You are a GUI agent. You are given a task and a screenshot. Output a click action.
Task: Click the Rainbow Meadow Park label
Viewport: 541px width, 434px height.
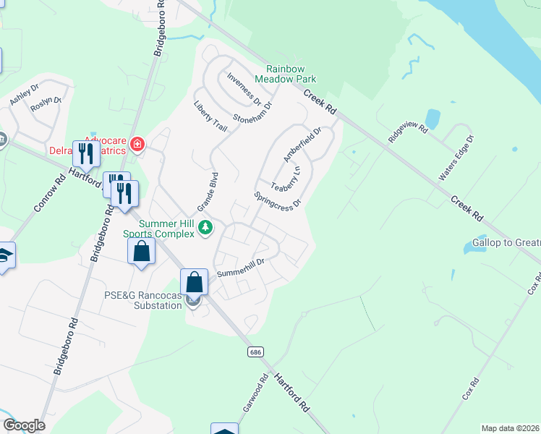click(286, 72)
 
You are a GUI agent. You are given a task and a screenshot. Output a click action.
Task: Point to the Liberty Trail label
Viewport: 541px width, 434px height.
click(210, 116)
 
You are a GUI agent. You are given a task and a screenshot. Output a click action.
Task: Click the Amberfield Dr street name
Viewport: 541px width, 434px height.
click(301, 144)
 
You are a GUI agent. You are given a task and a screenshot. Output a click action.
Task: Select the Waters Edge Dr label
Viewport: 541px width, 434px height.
click(456, 158)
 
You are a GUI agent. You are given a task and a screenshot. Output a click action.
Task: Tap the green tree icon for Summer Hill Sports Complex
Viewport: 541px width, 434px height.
click(206, 227)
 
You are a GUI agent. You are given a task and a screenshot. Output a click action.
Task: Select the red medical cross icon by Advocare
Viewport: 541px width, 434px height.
click(137, 145)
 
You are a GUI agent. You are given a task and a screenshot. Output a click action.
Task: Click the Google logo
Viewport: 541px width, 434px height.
click(24, 425)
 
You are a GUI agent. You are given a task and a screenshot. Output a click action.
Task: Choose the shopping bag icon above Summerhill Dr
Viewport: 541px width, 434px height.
click(194, 281)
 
